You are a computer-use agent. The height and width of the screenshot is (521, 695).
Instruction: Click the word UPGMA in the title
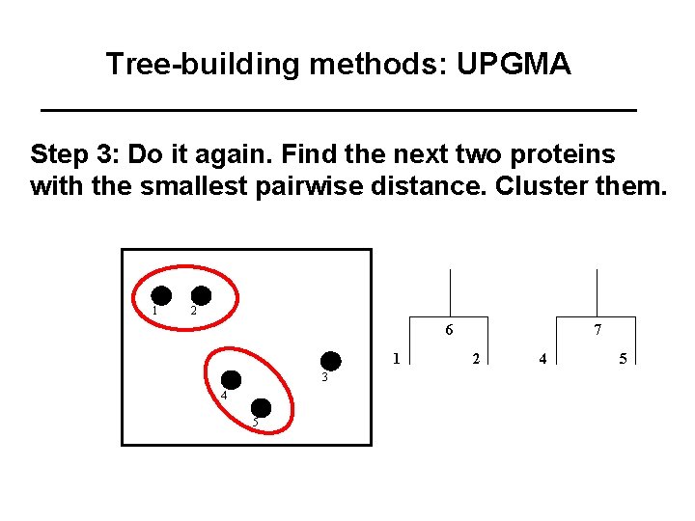pyautogui.click(x=514, y=65)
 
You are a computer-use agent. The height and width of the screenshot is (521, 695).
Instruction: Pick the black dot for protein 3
pyautogui.click(x=331, y=361)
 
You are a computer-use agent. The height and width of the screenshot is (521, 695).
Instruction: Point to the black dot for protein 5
pyautogui.click(x=262, y=407)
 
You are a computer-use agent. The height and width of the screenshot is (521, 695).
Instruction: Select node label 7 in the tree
pyautogui.click(x=598, y=330)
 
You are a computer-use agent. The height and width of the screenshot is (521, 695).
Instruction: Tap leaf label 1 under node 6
pyautogui.click(x=396, y=359)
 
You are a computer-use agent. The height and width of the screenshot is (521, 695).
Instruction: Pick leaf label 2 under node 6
pyautogui.click(x=476, y=359)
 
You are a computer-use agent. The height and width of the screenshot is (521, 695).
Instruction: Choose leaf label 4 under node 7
pyautogui.click(x=543, y=359)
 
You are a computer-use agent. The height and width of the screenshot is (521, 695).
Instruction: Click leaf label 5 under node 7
pyautogui.click(x=624, y=359)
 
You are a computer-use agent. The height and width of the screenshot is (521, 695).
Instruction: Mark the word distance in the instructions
pyautogui.click(x=431, y=184)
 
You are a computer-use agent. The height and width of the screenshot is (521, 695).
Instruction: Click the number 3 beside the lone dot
pyautogui.click(x=325, y=377)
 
